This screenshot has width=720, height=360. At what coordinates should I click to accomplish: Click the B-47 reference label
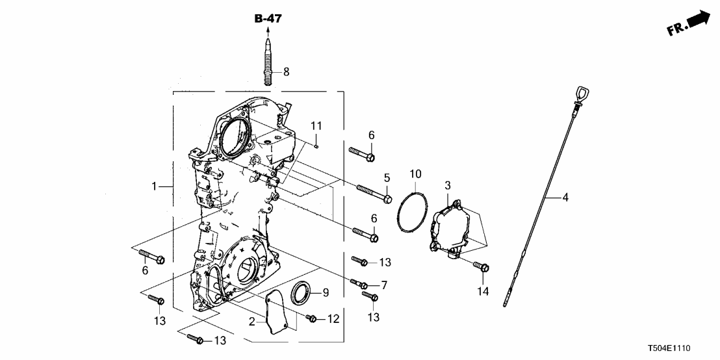268,19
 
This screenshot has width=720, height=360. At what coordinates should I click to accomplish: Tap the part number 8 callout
286,71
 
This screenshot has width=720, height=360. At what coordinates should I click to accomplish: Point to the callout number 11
316,125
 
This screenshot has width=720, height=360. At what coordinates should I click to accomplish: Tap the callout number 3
448,186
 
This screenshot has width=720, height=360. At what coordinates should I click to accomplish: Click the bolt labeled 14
482,267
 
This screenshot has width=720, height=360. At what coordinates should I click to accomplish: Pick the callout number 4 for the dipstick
565,197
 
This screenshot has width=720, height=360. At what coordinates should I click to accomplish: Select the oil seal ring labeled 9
301,292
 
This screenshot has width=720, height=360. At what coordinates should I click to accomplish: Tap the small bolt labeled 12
311,318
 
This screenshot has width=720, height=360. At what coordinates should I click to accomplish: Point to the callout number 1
154,186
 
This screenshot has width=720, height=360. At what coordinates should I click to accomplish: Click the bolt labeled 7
359,284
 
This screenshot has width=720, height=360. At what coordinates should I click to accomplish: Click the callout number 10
415,174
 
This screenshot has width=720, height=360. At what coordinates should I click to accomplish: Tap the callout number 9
326,292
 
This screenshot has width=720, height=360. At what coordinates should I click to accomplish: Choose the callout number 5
386,177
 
